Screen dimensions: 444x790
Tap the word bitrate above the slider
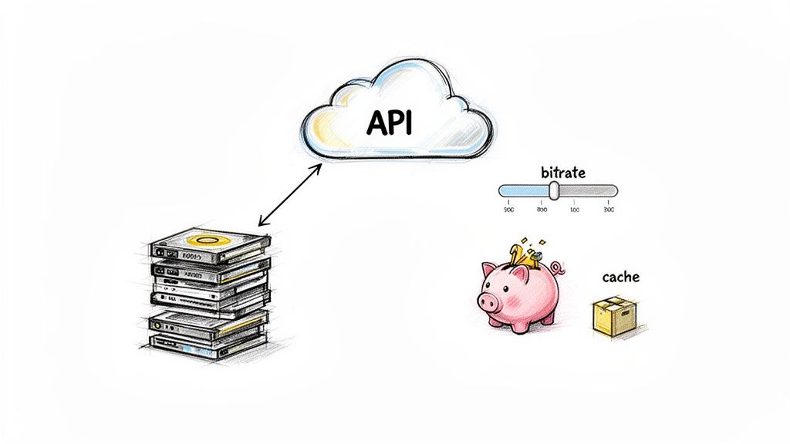[x=562, y=172]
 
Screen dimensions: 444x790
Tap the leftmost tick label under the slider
[x=508, y=209]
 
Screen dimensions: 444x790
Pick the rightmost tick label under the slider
[x=609, y=209]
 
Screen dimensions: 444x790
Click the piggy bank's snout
[x=487, y=302]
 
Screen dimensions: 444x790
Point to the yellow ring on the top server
[x=204, y=241]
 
